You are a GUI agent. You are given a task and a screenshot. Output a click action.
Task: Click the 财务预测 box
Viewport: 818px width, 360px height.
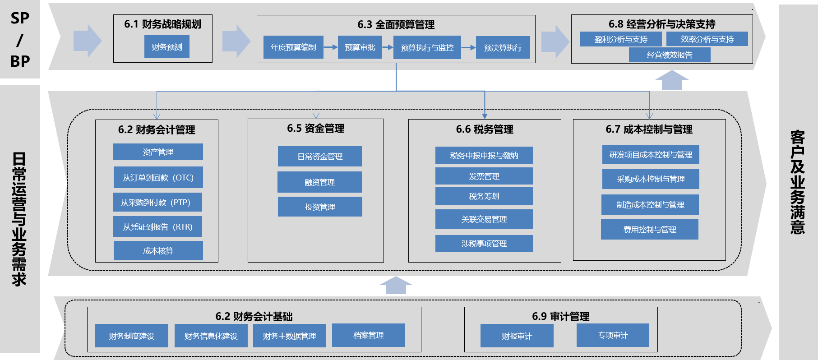(x=166, y=47)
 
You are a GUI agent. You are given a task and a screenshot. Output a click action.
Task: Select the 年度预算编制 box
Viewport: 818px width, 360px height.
(x=293, y=47)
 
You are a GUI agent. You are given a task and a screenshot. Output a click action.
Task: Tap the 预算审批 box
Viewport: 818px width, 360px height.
(x=360, y=47)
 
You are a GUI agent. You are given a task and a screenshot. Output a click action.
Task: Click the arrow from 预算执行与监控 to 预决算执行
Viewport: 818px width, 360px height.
(x=468, y=47)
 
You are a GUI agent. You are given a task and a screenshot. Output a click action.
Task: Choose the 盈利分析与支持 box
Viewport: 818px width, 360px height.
(x=620, y=39)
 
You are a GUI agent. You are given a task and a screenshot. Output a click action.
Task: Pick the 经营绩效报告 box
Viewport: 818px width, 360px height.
(x=670, y=55)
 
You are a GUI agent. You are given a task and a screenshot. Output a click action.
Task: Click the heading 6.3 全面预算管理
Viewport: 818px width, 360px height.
(x=396, y=25)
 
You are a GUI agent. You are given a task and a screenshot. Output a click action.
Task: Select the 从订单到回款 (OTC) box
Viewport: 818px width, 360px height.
(x=158, y=178)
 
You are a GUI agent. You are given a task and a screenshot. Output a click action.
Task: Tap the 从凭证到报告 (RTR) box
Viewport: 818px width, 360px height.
(x=157, y=227)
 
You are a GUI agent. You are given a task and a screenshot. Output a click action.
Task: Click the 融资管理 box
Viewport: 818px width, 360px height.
(x=319, y=182)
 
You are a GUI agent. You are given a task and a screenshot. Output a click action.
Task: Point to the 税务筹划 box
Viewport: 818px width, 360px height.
(x=484, y=196)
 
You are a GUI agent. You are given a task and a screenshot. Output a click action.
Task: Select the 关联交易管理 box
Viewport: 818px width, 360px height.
(x=484, y=219)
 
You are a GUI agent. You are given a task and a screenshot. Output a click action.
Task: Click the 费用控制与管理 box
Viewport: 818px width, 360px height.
(x=649, y=230)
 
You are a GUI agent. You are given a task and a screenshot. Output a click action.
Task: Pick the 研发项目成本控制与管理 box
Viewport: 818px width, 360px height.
(x=651, y=155)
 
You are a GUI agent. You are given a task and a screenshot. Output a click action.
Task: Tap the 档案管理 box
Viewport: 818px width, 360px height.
(x=368, y=335)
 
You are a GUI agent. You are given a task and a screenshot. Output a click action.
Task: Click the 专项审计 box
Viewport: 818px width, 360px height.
(x=612, y=335)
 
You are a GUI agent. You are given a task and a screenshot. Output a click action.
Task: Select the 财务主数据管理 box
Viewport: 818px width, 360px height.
(x=289, y=336)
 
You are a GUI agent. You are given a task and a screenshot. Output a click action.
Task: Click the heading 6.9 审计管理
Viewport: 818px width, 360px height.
(x=560, y=316)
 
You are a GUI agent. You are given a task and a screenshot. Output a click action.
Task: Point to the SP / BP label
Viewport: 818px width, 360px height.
(x=20, y=40)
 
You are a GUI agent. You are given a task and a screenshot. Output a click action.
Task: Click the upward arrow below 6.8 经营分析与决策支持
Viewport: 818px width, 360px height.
(x=671, y=80)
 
